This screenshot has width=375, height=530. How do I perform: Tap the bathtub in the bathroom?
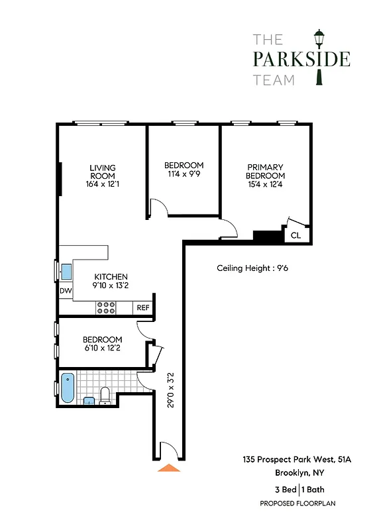(68, 388)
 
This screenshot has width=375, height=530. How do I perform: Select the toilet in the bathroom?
(105, 396)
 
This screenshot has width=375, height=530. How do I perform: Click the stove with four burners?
(107, 307)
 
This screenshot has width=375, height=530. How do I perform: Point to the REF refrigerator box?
(143, 307)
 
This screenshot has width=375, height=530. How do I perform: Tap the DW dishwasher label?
(66, 291)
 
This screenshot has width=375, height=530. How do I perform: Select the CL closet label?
(295, 235)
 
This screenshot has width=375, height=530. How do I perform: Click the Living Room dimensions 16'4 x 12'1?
(103, 184)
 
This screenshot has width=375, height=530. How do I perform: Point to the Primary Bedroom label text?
(265, 171)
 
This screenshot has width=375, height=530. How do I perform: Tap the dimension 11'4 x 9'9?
(184, 174)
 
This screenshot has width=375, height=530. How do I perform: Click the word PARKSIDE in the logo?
(301, 59)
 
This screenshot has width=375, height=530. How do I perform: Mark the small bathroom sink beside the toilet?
(89, 399)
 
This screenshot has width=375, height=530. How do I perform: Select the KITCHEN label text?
(111, 277)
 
